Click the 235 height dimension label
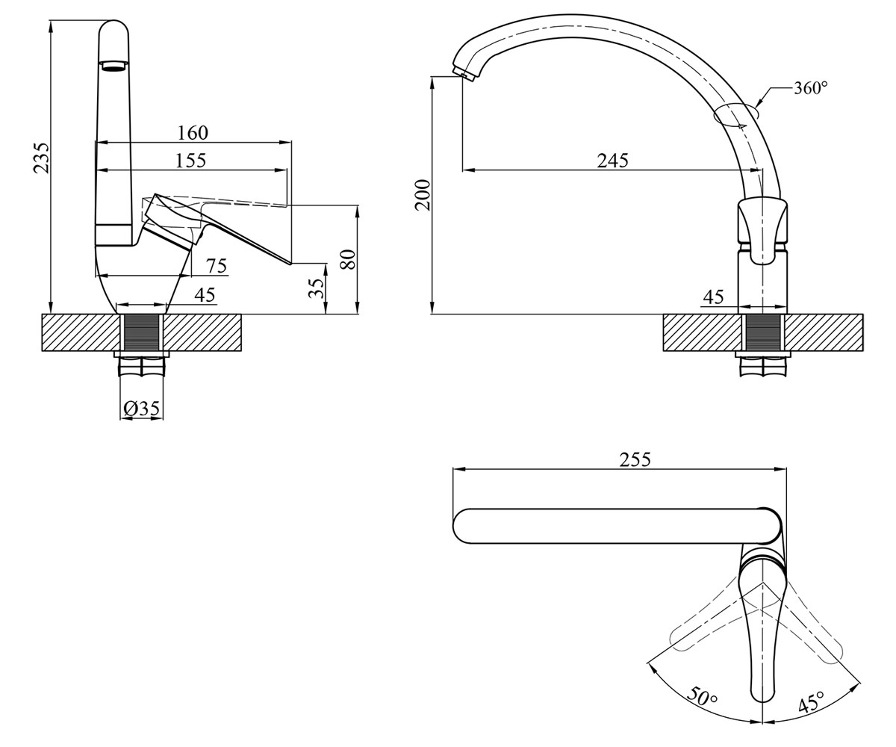click(42, 158)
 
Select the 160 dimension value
click(193, 133)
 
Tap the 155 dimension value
click(191, 161)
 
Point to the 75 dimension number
click(217, 266)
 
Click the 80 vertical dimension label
click(348, 259)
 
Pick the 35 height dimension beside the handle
click(317, 288)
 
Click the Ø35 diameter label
click(141, 409)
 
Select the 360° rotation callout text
click(810, 87)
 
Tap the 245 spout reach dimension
click(613, 161)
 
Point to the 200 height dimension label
click(423, 195)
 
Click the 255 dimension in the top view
click(635, 460)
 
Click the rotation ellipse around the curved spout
click(735, 116)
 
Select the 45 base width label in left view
click(205, 295)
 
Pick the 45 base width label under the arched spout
click(713, 297)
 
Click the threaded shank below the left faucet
click(141, 332)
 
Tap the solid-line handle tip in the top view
click(763, 712)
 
